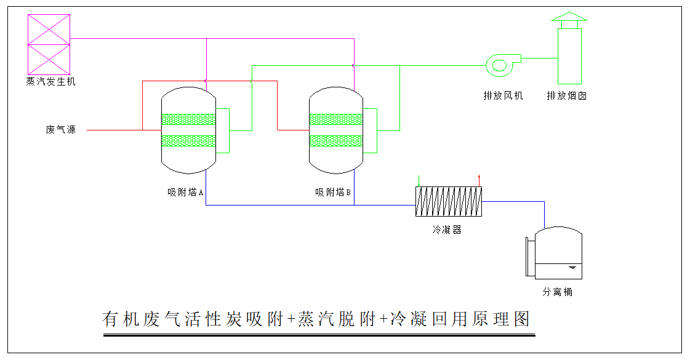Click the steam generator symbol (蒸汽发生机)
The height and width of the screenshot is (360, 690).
pos(49,44)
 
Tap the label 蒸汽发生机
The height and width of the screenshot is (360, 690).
pos(51,81)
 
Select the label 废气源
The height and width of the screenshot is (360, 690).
pos(60,130)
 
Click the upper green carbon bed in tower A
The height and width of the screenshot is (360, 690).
pos(188,119)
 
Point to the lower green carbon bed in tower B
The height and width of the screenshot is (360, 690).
pos(336,141)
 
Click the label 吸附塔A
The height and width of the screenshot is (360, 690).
pos(185,193)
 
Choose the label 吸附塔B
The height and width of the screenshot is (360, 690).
pos(333,193)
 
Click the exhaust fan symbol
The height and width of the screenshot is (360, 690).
pos(501,65)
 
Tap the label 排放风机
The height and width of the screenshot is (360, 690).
pos(503,95)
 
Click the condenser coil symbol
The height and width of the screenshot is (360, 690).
pos(449,201)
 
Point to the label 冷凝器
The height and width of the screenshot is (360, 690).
pos(447,230)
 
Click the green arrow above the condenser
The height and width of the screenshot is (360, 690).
pos(419,180)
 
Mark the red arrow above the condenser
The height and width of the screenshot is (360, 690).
pos(479,180)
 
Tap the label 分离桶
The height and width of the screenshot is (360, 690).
pos(557,292)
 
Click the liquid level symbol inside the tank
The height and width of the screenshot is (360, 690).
pos(572,268)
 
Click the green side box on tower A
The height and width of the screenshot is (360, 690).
pos(223,130)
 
